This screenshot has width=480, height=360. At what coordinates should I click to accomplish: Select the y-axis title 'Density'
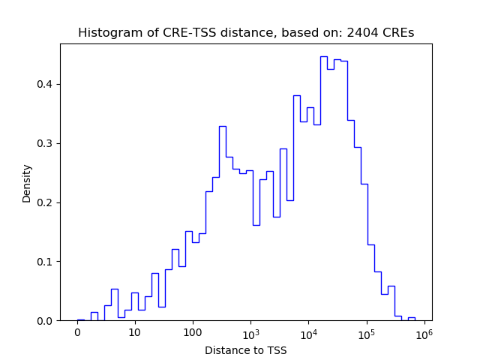[27, 183]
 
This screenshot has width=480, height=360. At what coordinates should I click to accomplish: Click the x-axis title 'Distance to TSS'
[245, 350]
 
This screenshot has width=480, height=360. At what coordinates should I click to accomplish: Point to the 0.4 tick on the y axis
[46, 84]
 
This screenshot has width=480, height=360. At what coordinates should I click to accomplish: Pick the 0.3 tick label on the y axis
[46, 143]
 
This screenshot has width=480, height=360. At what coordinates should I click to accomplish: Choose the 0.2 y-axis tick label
[46, 202]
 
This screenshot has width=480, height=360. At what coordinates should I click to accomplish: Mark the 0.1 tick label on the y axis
[46, 262]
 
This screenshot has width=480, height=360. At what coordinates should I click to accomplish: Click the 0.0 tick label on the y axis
[46, 321]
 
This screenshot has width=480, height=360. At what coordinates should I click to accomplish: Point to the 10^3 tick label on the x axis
[250, 332]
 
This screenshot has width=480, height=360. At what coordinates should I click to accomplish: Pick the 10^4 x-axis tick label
[308, 332]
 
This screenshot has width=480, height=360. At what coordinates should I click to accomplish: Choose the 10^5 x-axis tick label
[366, 332]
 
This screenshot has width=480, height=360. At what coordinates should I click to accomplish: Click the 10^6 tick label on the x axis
[424, 332]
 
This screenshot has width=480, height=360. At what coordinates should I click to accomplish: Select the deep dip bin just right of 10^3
[256, 225]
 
